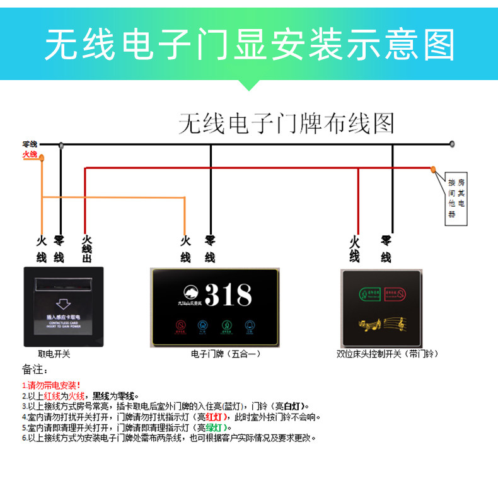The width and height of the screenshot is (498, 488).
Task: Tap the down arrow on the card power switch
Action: (x=62, y=302)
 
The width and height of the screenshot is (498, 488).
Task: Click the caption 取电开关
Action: (x=54, y=354)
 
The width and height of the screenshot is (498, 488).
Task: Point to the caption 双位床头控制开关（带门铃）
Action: (x=387, y=354)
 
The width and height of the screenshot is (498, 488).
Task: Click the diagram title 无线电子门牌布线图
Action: (x=286, y=122)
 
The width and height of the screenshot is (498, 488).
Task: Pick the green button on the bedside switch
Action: (x=370, y=295)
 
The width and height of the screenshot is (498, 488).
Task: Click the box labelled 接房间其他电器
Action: (x=456, y=199)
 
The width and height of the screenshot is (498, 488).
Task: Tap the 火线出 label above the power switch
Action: (x=86, y=249)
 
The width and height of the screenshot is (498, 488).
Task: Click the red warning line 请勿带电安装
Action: (x=52, y=385)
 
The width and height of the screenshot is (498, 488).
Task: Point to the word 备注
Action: (x=35, y=369)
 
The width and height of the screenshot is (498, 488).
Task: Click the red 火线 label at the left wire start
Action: (x=30, y=154)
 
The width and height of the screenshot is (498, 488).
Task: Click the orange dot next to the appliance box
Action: (x=433, y=169)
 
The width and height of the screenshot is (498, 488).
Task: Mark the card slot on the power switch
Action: (x=62, y=281)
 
